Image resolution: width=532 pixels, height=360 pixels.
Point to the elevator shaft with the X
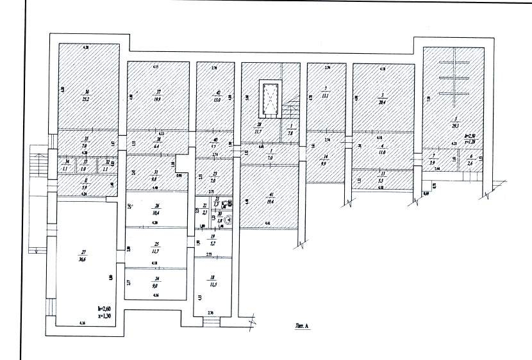[x=270, y=97]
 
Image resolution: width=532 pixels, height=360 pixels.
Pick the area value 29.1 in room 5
[x=454, y=125]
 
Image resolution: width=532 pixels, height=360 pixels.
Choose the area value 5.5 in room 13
[x=383, y=176]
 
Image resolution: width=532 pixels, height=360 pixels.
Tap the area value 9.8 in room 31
[x=154, y=179]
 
